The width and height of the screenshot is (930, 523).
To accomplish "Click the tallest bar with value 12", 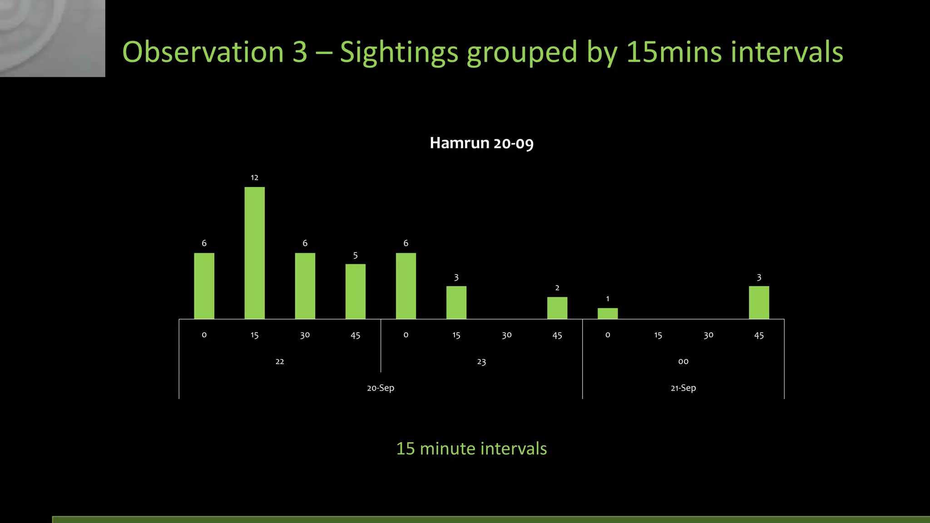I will (x=254, y=253).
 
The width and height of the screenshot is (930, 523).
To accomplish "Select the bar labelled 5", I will (x=355, y=291).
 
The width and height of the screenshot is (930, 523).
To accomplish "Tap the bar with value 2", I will (x=557, y=308).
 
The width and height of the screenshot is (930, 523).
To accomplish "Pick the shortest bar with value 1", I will (x=607, y=313).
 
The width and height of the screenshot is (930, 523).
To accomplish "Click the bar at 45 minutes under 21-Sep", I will (x=758, y=302).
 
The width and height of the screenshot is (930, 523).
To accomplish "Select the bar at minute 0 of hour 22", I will (x=204, y=286).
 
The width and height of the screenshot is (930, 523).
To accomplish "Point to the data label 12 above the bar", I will (x=254, y=178).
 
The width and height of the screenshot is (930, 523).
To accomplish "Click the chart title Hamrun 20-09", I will (x=481, y=143).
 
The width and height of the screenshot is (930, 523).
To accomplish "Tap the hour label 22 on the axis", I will (x=280, y=361).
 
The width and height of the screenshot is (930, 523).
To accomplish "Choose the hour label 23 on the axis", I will (x=481, y=362).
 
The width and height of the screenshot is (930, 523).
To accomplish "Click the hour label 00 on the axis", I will (x=683, y=361).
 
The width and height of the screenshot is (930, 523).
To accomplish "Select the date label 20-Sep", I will (x=381, y=388).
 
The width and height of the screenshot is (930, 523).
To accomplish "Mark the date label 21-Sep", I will (x=683, y=388).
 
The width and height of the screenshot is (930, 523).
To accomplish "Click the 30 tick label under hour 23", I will (x=506, y=335).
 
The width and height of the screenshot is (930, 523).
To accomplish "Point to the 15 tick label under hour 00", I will (x=658, y=335).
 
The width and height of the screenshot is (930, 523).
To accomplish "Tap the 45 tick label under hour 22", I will (x=355, y=335).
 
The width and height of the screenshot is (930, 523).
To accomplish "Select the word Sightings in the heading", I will (x=399, y=52).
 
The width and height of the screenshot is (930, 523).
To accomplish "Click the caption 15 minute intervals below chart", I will (x=471, y=449).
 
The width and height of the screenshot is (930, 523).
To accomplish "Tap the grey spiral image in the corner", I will (x=52, y=38).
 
